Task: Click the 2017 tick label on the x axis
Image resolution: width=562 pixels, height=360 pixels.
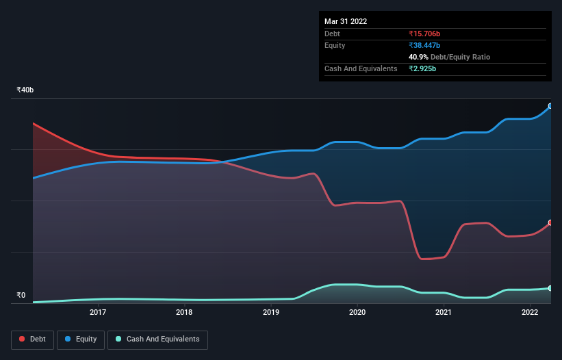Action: (x=98, y=313)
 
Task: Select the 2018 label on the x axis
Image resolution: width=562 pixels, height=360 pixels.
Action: (x=184, y=313)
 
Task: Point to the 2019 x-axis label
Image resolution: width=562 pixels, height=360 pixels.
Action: (x=271, y=313)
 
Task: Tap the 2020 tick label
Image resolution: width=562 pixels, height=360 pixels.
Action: (x=357, y=313)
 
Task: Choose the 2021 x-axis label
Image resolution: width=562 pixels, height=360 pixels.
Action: (x=444, y=313)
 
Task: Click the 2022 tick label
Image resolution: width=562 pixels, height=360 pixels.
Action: (x=530, y=313)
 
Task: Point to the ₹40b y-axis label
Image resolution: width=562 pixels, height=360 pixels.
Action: (x=25, y=90)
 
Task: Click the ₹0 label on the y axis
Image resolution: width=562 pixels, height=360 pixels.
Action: (x=21, y=296)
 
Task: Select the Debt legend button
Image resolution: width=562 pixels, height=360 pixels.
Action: (x=33, y=339)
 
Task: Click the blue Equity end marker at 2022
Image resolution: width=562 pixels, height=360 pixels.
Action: (x=550, y=106)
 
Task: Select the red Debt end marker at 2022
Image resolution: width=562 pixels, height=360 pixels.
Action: (x=550, y=223)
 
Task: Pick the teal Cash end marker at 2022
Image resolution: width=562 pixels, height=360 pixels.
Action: (x=550, y=288)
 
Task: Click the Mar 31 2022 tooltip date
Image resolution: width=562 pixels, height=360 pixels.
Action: (x=346, y=21)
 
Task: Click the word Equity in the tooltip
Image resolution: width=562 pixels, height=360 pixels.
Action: (x=335, y=45)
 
